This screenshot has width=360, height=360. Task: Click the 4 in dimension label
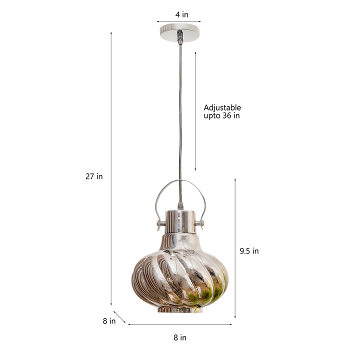182,14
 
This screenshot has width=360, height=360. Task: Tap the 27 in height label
94,176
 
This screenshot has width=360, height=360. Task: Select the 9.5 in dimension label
249,251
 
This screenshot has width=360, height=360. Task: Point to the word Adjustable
222,107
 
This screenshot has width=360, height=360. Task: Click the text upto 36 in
221,115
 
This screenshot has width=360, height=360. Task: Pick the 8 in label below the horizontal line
180,337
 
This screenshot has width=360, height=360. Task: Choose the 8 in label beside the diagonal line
109,321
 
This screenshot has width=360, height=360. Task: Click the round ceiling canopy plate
180,32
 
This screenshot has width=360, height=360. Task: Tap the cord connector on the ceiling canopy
180,36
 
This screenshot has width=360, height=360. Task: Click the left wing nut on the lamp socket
160,224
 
